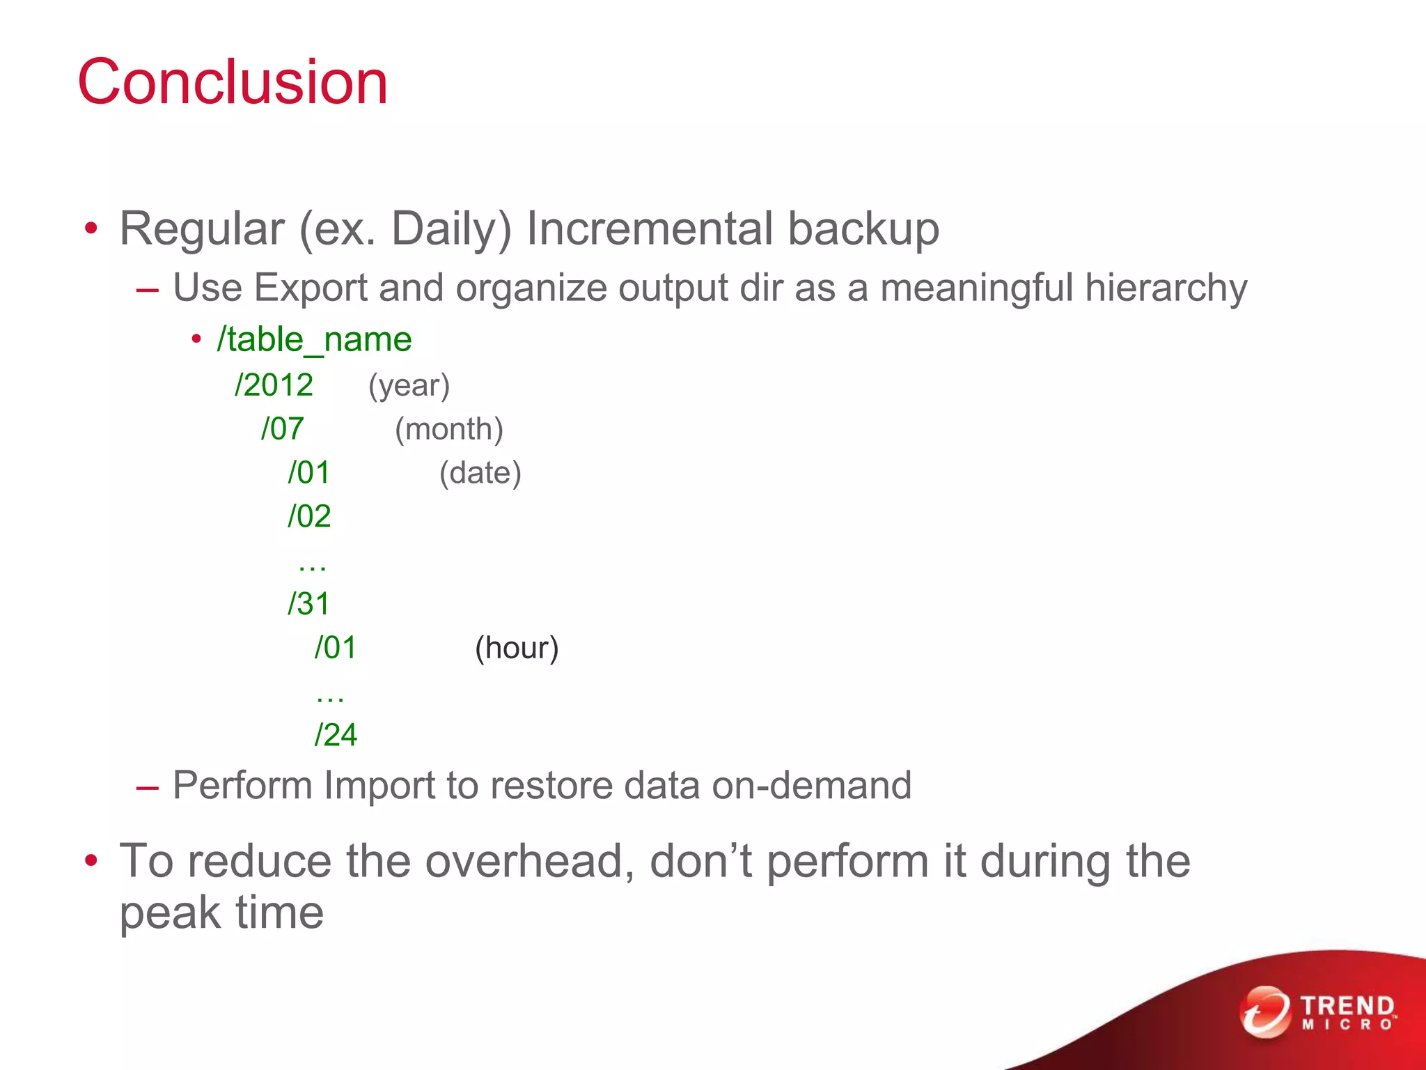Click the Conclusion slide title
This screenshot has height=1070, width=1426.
[x=232, y=82]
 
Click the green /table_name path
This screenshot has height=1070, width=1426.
[x=314, y=340]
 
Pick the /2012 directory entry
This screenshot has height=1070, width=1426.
[x=274, y=385]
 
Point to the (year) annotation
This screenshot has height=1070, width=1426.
[x=409, y=386]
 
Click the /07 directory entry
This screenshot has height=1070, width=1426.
[x=282, y=429]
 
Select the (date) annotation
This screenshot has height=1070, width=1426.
[x=480, y=473]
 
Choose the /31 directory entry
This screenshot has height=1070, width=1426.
[x=308, y=604]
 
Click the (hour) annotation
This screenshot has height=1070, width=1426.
[x=517, y=648]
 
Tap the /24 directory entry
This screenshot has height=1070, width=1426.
[x=336, y=735]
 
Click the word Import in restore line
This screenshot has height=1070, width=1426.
[x=379, y=786]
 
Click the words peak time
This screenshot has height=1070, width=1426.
[x=221, y=913]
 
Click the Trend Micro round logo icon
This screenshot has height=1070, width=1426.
[x=1264, y=1011]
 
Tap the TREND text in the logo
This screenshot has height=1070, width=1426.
[x=1347, y=1006]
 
